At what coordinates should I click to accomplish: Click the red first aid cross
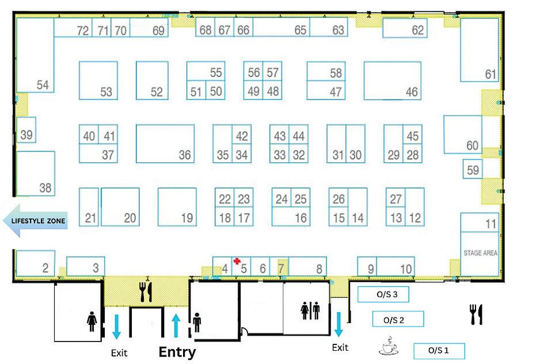click(237, 261)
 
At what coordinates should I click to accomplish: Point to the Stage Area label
click(480, 253)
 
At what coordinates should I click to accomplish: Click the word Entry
click(177, 352)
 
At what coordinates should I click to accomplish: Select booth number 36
click(184, 155)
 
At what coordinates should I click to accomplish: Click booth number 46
click(411, 92)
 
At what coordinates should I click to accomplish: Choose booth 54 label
click(43, 85)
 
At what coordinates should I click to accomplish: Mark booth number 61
click(490, 74)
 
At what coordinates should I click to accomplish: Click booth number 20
click(130, 218)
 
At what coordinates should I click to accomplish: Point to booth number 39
click(26, 135)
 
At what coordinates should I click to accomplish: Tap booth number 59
click(473, 170)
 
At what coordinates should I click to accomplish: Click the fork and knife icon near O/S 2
click(476, 314)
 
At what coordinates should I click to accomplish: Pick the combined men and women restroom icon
click(310, 310)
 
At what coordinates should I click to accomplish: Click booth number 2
click(45, 268)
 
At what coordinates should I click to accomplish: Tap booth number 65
click(300, 30)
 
